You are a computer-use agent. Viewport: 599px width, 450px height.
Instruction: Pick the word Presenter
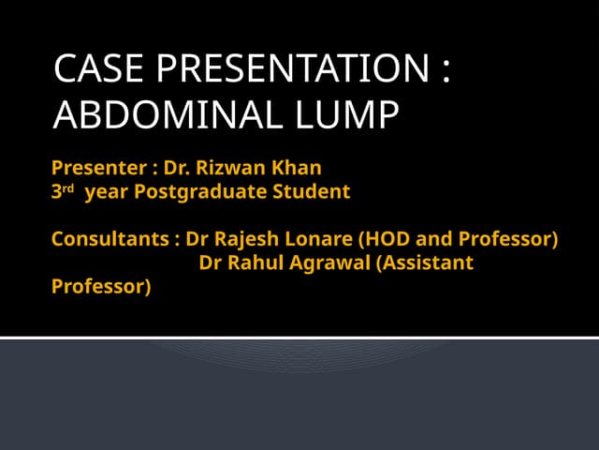[x=96, y=169]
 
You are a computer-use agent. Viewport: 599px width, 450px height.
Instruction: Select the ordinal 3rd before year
[x=61, y=192]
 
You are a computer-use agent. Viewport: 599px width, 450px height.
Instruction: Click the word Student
[x=312, y=192]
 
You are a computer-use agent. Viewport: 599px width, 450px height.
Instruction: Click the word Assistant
[x=428, y=262]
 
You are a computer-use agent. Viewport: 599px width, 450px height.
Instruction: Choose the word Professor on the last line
[x=100, y=286]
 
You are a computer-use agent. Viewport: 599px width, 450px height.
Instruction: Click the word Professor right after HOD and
[x=506, y=239]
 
